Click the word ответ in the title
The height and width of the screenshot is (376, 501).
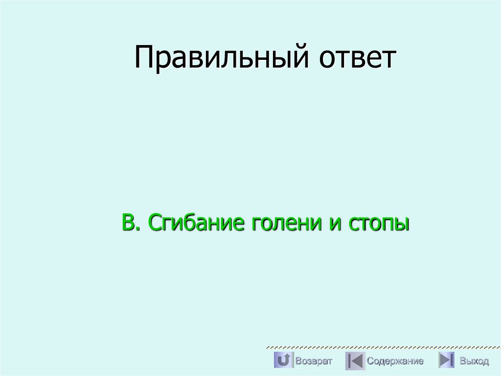[358, 57]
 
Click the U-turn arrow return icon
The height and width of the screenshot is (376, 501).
[283, 360]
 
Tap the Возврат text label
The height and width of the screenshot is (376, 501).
[314, 361]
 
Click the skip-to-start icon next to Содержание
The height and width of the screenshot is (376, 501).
[355, 361]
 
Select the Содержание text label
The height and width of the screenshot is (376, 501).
[395, 361]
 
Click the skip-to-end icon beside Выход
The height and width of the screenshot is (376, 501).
[446, 360]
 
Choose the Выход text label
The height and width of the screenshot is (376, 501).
[474, 361]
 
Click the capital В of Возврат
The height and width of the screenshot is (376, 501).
[298, 361]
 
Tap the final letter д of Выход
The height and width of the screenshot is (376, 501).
[485, 362]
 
